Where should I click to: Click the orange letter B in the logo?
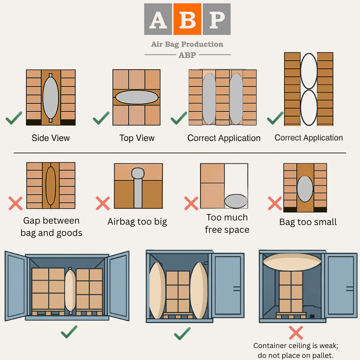pyautogui.click(x=187, y=19)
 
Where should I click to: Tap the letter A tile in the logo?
pyautogui.click(x=158, y=19)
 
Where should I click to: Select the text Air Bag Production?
pyautogui.click(x=187, y=44)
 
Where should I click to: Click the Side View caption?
pyautogui.click(x=51, y=138)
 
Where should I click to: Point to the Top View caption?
pyautogui.click(x=137, y=138)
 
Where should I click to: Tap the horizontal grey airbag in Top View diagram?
pyautogui.click(x=136, y=97)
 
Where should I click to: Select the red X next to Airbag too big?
pyautogui.click(x=103, y=203)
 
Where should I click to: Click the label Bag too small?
pyautogui.click(x=308, y=222)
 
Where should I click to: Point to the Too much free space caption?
pyautogui.click(x=227, y=224)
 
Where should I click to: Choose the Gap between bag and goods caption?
pyautogui.click(x=51, y=227)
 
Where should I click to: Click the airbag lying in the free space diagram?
pyautogui.click(x=236, y=201)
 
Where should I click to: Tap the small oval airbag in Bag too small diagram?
pyautogui.click(x=305, y=189)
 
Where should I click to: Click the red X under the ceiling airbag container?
pyautogui.click(x=296, y=332)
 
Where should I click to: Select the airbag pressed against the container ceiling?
pyautogui.click(x=292, y=262)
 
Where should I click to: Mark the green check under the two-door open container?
pyautogui.click(x=69, y=332)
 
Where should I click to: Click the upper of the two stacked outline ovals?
pyautogui.click(x=309, y=71)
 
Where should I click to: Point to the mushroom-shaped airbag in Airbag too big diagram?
pyautogui.click(x=138, y=186)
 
